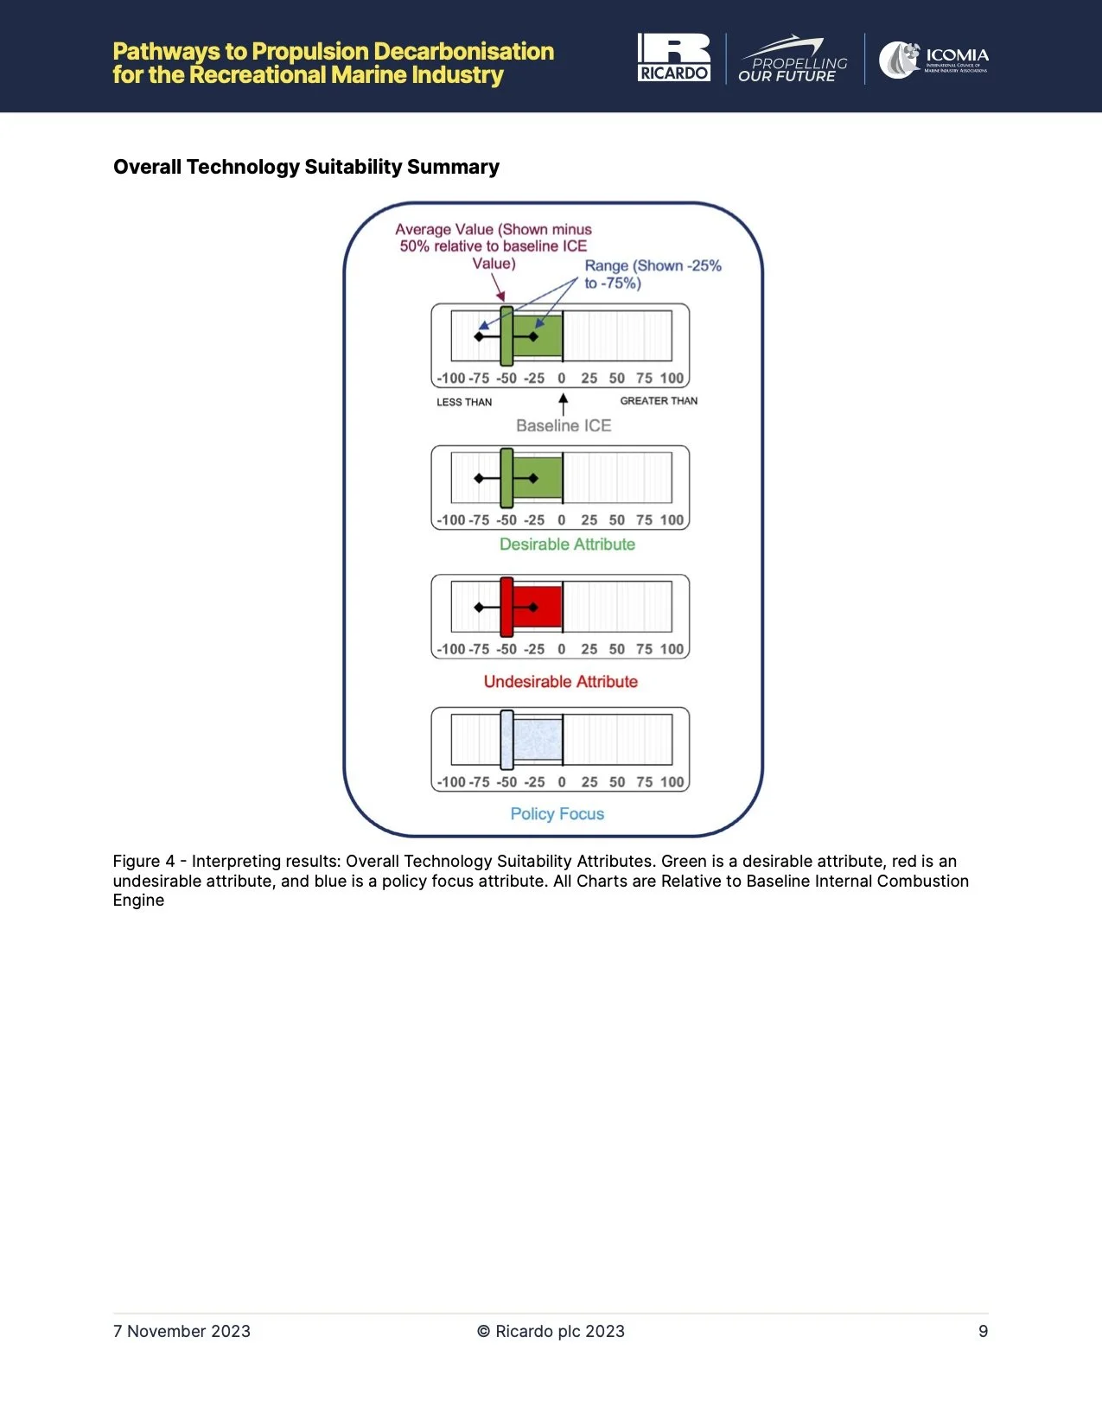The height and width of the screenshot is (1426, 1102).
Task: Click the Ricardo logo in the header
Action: [674, 58]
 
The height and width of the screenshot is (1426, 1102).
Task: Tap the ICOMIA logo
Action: [933, 60]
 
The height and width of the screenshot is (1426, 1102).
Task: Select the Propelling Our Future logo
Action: [793, 60]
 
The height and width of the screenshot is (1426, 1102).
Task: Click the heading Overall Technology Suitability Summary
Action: [306, 167]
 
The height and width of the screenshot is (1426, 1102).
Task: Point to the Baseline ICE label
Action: [564, 425]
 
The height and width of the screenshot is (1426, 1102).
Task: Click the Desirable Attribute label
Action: [567, 544]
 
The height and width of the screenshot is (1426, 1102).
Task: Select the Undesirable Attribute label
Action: [560, 682]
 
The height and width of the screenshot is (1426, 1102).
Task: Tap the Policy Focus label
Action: [557, 814]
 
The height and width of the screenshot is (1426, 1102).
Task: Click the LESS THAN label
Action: [464, 402]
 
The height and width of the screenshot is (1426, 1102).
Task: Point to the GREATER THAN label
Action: [659, 401]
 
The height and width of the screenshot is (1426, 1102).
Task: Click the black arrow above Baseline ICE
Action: [564, 404]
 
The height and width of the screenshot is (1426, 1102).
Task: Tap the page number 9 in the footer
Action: [983, 1332]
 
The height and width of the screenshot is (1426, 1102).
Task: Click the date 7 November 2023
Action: [182, 1332]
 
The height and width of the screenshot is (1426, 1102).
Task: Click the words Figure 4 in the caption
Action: [143, 862]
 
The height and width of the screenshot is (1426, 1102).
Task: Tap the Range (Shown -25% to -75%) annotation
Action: [653, 274]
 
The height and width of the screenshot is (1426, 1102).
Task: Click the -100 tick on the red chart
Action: [451, 649]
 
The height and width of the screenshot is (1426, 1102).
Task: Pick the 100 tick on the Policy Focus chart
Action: [672, 782]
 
